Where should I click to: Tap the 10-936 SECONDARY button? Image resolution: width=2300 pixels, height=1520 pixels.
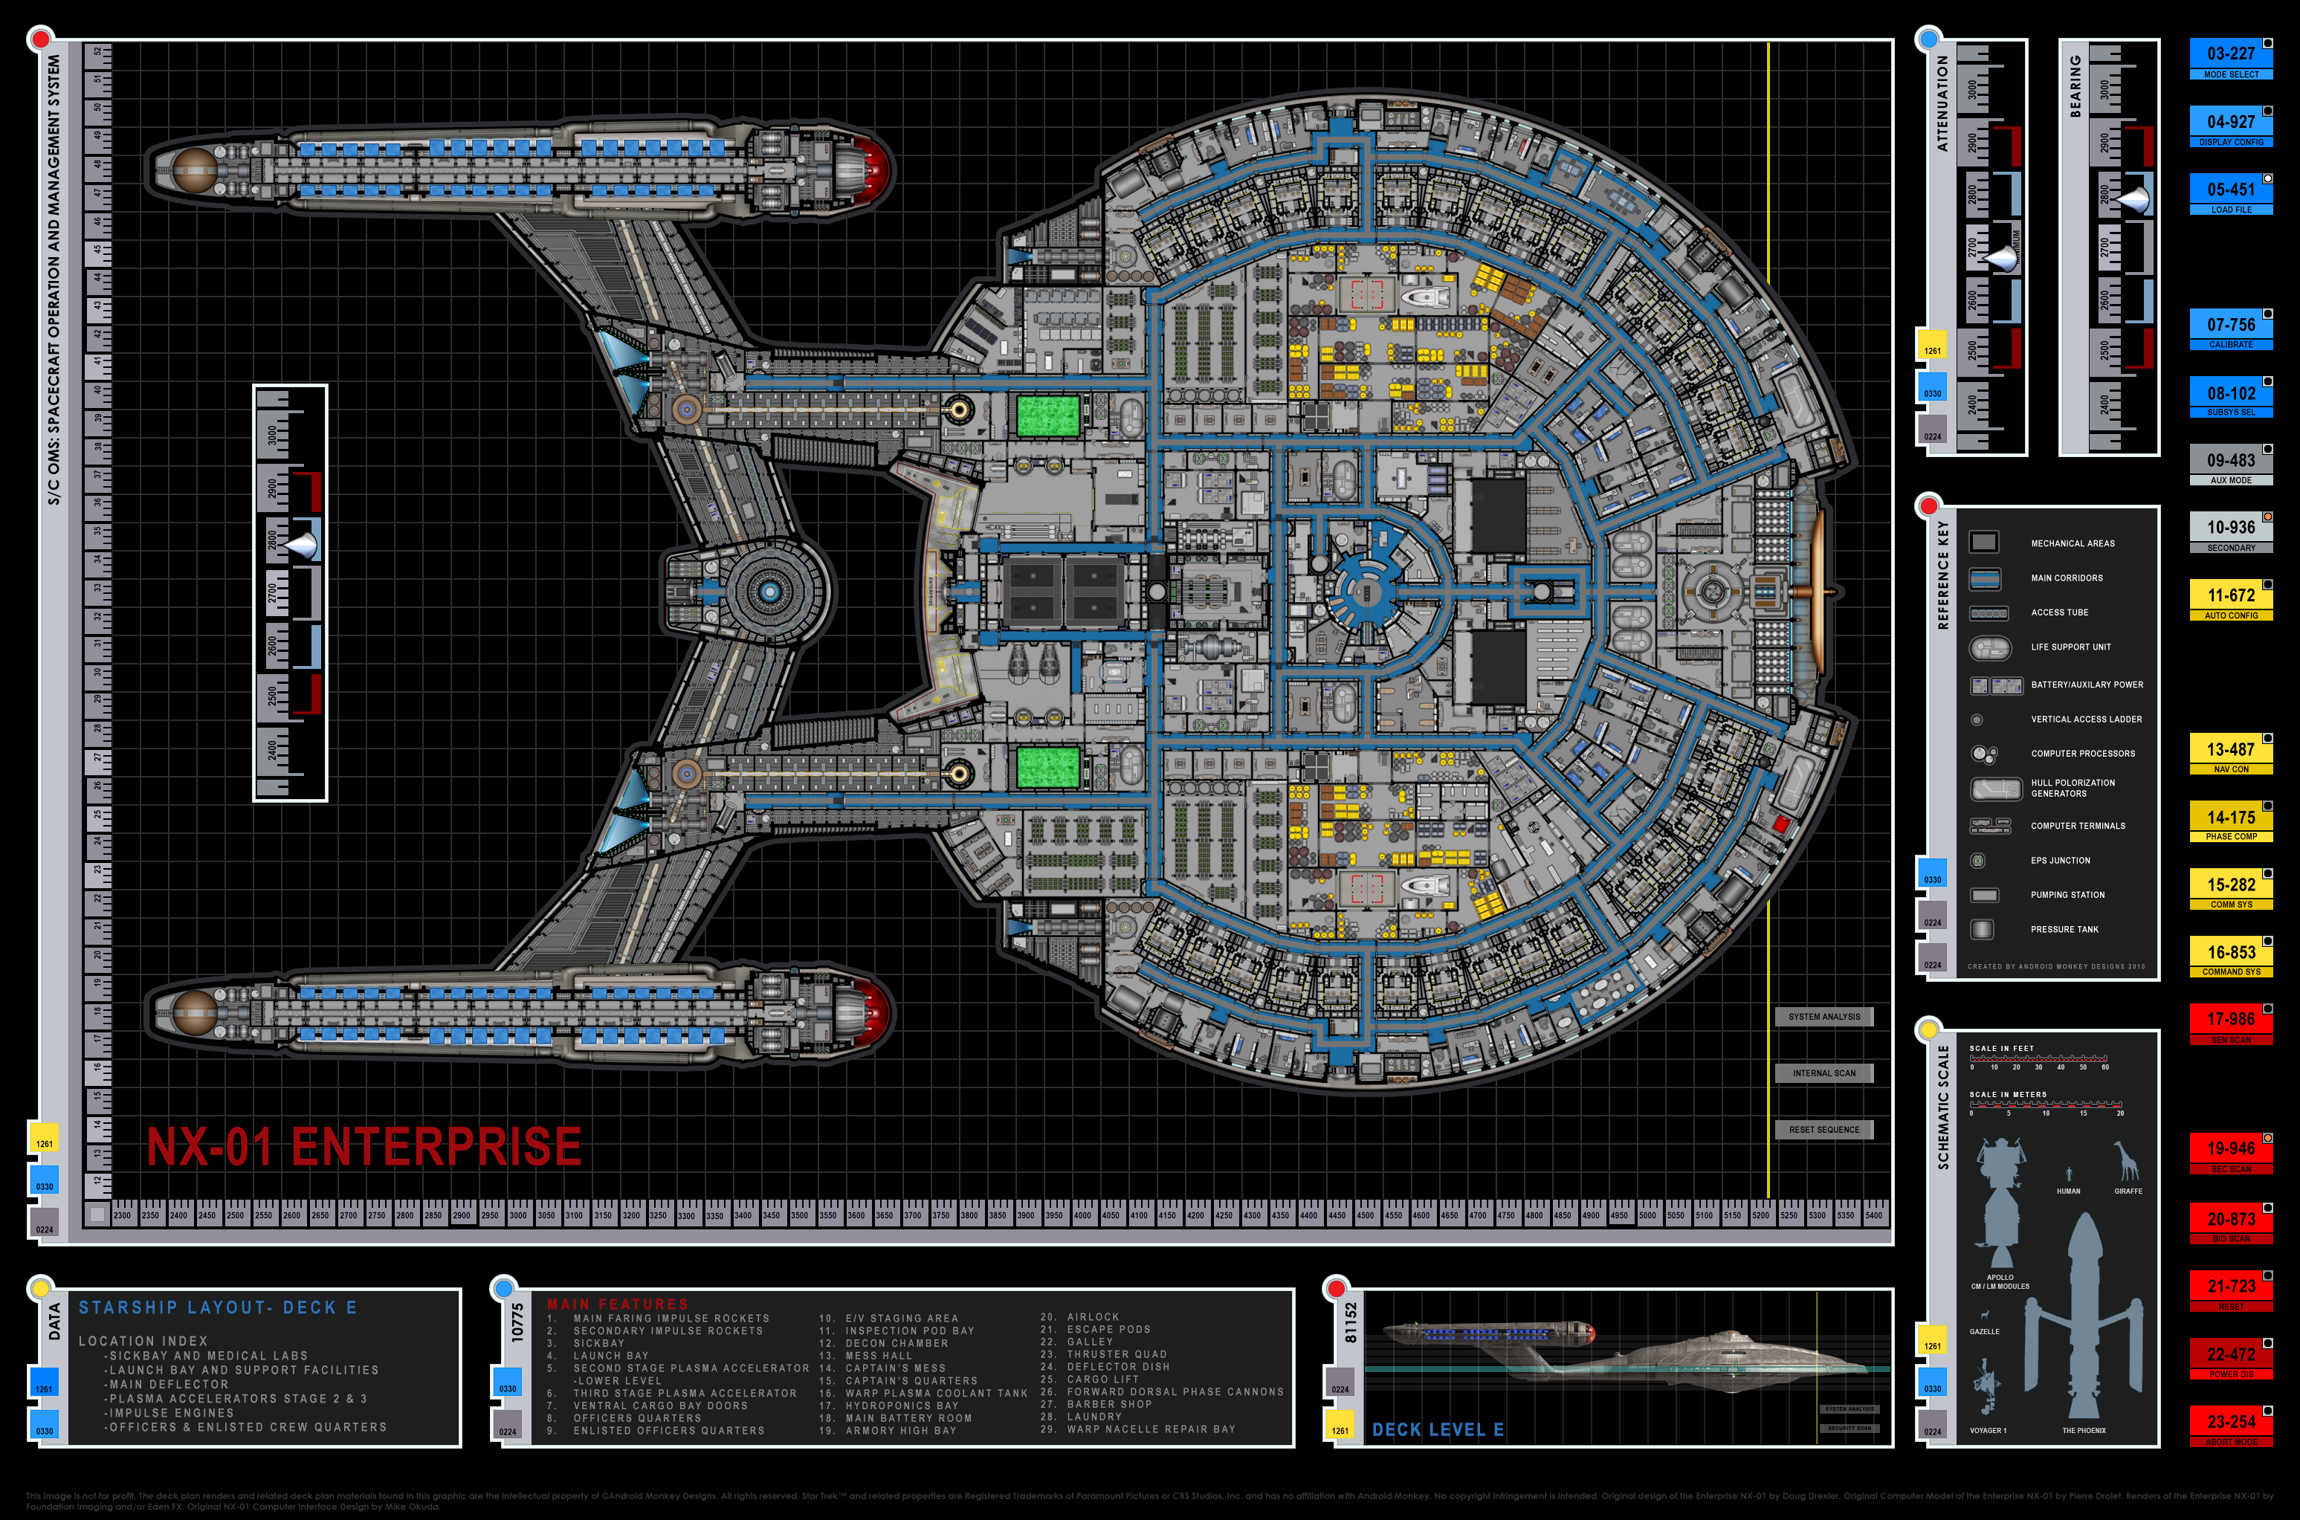(2230, 533)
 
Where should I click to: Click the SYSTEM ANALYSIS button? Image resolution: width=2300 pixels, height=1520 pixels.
(1823, 1017)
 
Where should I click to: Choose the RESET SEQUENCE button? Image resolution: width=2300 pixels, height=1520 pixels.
(1823, 1129)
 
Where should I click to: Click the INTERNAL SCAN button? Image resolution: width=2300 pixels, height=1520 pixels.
(1823, 1073)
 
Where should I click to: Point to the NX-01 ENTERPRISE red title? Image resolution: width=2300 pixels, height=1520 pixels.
(364, 1147)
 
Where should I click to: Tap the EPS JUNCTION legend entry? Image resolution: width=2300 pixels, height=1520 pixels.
(2060, 861)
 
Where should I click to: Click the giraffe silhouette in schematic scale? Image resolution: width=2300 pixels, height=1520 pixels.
(2127, 1160)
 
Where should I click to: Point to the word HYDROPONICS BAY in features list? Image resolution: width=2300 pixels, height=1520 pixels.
(902, 1406)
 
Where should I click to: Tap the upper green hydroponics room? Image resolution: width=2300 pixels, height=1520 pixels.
(1047, 416)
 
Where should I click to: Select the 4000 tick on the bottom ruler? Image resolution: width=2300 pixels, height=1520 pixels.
(1082, 1215)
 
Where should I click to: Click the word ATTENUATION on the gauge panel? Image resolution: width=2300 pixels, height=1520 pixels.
(1942, 102)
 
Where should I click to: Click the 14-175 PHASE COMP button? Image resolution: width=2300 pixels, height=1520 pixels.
(2230, 823)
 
